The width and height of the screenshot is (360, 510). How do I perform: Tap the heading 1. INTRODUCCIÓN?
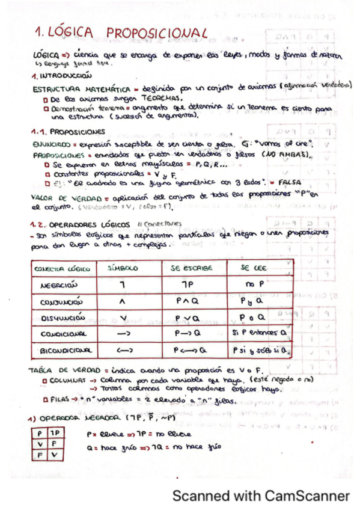click(62, 76)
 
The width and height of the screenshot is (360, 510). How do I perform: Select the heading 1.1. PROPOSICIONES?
click(68, 131)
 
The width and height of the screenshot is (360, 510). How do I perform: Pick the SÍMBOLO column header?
click(123, 269)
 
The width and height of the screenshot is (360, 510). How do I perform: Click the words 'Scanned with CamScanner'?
click(261, 496)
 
